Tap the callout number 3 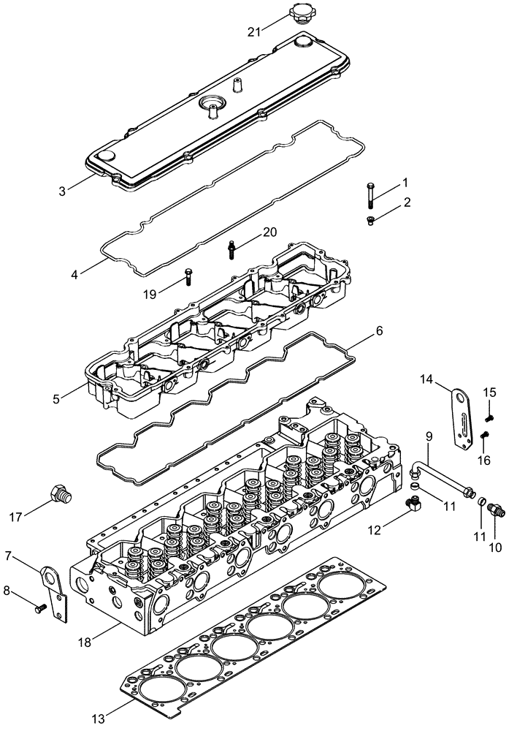63,191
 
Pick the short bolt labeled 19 188,277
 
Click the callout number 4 74,275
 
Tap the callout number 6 378,330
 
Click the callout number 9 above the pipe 429,436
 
